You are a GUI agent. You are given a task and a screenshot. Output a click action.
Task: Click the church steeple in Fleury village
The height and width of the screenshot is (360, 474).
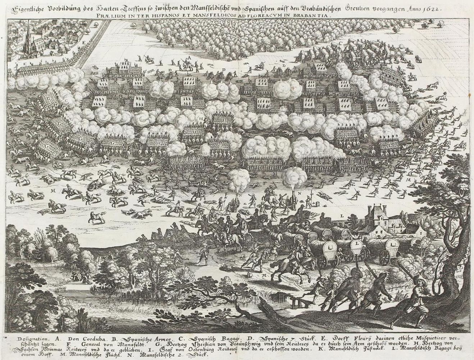(x=28, y=36)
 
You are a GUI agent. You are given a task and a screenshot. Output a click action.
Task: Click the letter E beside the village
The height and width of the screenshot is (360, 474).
(x=94, y=42)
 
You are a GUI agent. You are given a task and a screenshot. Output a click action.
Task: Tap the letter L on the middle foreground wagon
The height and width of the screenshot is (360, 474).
(x=356, y=244)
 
